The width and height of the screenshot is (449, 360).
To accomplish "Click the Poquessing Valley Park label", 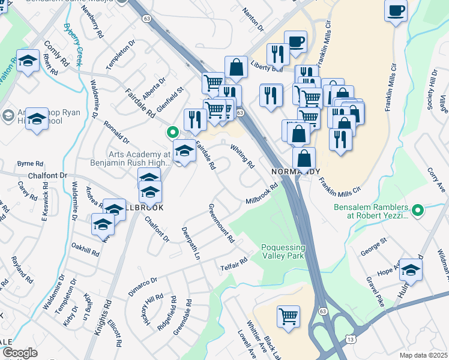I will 283,253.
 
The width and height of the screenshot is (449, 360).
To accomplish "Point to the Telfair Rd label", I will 234,263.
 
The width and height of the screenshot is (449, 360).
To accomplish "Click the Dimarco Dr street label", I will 142,286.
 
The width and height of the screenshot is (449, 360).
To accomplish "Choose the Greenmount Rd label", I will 221,223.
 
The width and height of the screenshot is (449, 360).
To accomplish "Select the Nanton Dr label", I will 252,19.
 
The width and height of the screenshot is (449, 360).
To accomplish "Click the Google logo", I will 20,353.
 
